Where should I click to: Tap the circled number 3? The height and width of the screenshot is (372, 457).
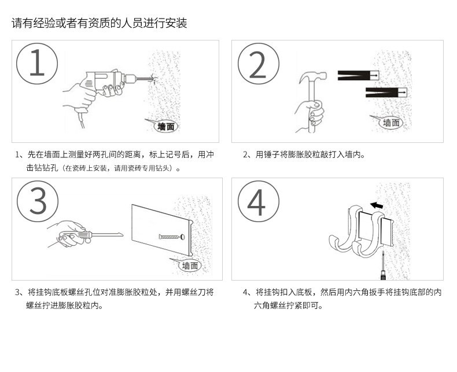(37, 201)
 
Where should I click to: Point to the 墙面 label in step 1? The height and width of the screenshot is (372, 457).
(166, 126)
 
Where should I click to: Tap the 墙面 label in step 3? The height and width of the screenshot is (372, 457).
(190, 266)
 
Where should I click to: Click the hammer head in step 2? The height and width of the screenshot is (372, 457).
(313, 77)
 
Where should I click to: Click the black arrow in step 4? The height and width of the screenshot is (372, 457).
(376, 204)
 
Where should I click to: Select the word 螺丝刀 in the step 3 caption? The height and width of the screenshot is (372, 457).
(201, 292)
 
